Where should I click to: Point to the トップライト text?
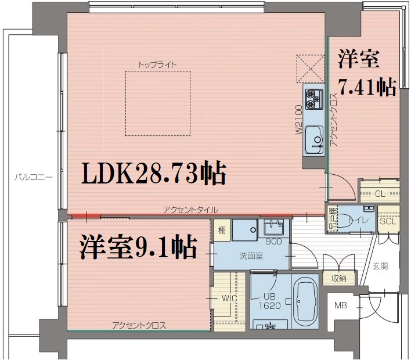(x=157, y=64)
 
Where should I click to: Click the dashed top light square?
(x=158, y=103)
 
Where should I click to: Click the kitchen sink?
(x=314, y=139)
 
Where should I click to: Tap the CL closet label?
(x=380, y=194)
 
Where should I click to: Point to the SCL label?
(x=387, y=221)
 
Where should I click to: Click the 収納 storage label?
(x=339, y=279)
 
